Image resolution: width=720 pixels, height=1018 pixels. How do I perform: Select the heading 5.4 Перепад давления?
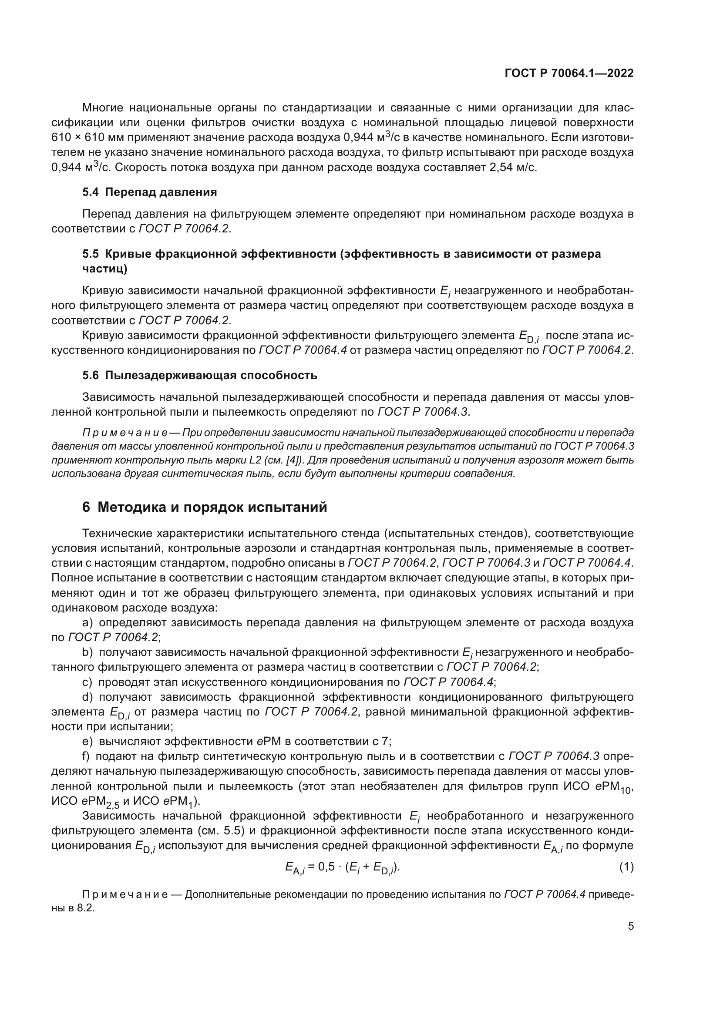click(x=149, y=192)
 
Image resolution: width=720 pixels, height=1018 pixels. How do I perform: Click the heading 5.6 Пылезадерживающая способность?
click(x=199, y=375)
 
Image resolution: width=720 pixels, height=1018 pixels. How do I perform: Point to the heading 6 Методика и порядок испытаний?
click(x=205, y=507)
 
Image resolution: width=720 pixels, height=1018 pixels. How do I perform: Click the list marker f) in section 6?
click(x=87, y=756)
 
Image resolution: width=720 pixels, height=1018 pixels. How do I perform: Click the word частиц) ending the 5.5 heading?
click(x=104, y=269)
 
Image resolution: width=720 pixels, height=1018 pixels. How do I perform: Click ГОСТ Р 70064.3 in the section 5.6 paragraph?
click(x=423, y=412)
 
